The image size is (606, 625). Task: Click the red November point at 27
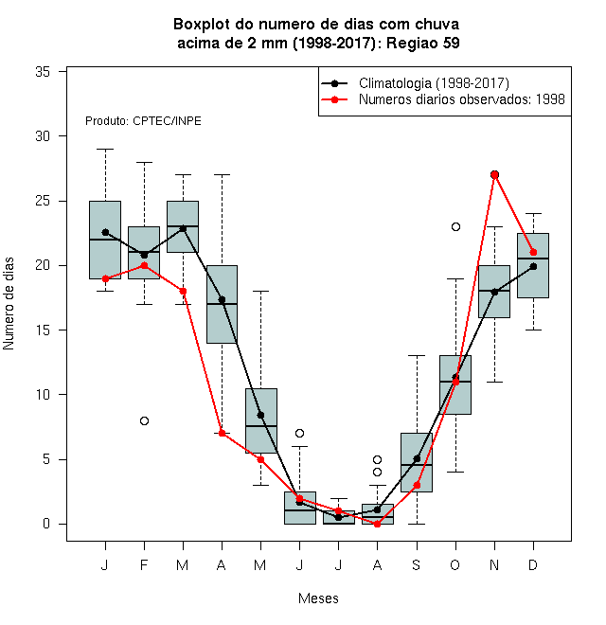495,174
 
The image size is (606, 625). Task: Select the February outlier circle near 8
144,420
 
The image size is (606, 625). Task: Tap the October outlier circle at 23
455,227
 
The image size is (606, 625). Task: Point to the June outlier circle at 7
300,434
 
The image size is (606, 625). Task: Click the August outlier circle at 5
377,459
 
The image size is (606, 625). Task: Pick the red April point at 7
223,434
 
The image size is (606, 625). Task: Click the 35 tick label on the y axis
43,72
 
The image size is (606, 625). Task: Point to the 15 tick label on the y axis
43,330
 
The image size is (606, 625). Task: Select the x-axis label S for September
417,564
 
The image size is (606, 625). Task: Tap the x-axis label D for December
533,564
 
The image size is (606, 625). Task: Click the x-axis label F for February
144,564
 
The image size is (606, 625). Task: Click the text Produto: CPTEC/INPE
143,121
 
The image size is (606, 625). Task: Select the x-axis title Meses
318,598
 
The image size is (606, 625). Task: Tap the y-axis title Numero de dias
9,304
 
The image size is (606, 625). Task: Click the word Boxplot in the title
202,25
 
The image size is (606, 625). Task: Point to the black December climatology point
533,266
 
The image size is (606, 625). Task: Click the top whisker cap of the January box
105,149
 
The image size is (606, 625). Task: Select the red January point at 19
105,278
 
